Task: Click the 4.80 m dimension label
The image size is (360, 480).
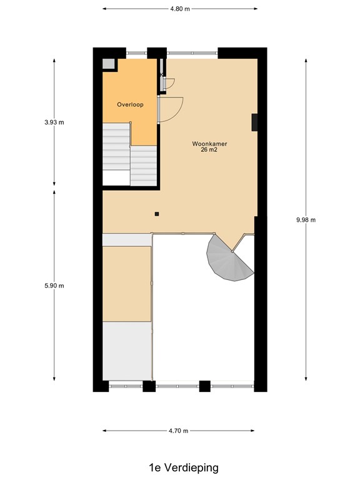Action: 179,9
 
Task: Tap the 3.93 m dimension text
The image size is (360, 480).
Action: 54,122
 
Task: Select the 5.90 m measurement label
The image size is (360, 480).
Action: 54,286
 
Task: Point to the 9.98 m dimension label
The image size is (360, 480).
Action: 306,219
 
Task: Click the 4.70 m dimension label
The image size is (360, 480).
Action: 179,431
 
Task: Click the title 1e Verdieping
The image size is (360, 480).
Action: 179,467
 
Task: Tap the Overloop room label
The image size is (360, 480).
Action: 130,104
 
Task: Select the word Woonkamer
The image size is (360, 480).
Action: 209,144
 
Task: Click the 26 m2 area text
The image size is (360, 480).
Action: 209,151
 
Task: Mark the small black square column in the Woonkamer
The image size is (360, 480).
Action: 157,214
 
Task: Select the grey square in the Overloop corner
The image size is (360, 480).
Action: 109,64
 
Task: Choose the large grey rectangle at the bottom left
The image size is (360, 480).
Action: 127,351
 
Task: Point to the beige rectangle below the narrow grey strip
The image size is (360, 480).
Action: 127,284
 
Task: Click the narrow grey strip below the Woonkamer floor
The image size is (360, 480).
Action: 127,239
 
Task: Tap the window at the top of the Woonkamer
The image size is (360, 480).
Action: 192,51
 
